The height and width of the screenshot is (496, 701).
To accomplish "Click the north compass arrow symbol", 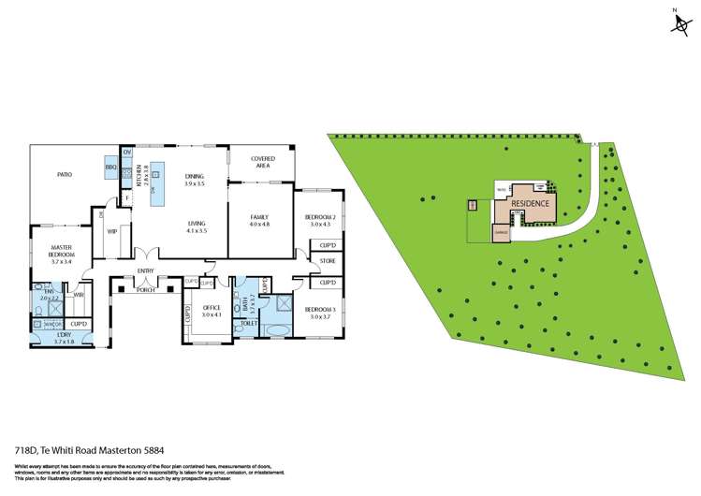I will click(x=678, y=24).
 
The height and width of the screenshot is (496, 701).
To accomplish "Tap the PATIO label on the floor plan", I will click(x=65, y=174).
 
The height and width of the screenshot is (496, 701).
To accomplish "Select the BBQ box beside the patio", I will click(x=110, y=168).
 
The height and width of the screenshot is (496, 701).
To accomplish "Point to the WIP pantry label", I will click(x=111, y=231).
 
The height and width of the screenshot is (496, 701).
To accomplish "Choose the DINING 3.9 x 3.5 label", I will click(x=194, y=180).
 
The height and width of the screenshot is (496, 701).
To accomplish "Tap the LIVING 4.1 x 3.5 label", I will click(x=197, y=227).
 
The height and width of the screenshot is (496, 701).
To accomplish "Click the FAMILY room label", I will click(x=259, y=221).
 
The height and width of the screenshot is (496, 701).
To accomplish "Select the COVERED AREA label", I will click(x=262, y=162).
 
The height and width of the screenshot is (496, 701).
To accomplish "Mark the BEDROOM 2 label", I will click(x=319, y=221).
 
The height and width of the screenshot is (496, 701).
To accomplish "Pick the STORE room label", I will click(x=327, y=261).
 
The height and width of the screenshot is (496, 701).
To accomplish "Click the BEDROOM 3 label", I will click(x=320, y=313).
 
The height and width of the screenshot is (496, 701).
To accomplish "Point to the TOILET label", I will click(x=248, y=323).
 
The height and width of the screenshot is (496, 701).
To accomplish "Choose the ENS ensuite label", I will click(x=49, y=294).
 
